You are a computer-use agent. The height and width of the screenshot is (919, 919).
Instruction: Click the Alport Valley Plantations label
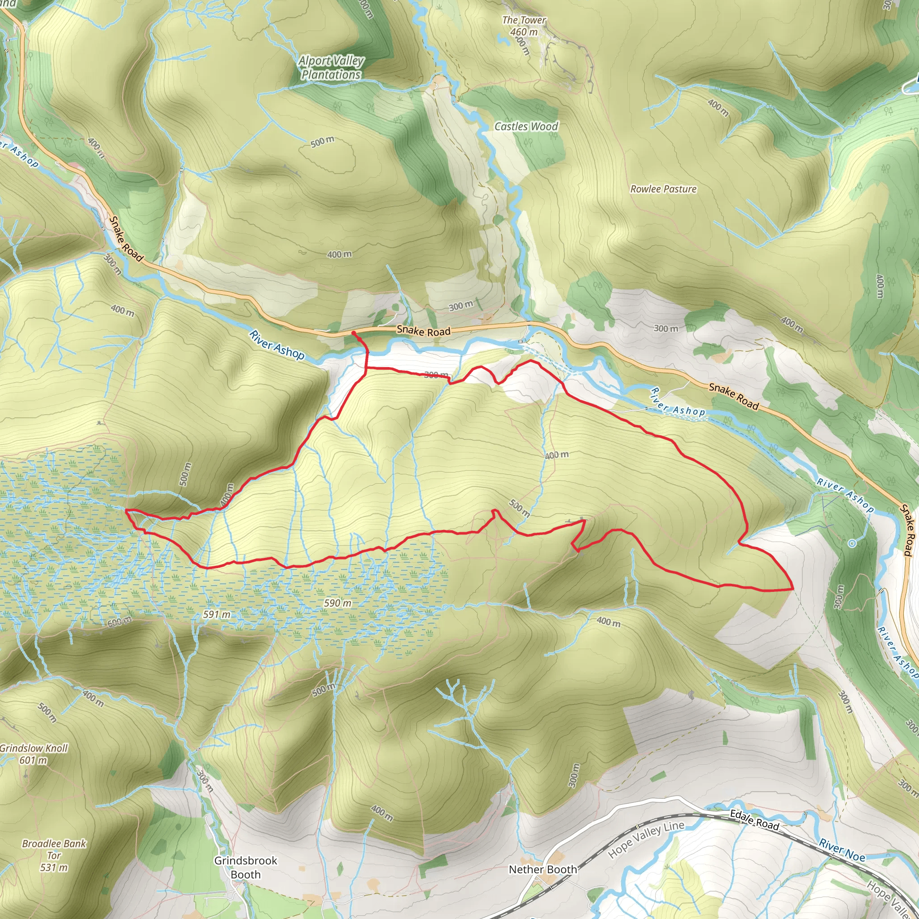pyautogui.click(x=331, y=68)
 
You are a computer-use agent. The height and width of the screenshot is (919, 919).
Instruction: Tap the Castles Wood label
pyautogui.click(x=526, y=127)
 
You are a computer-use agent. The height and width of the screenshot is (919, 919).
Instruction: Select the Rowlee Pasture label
pyautogui.click(x=663, y=189)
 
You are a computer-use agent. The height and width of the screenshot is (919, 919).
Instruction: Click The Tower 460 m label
pyautogui.click(x=524, y=26)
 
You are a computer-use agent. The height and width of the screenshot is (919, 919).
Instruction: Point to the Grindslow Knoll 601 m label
pyautogui.click(x=33, y=754)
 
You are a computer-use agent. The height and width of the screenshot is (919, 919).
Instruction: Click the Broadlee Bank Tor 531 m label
pyautogui.click(x=54, y=855)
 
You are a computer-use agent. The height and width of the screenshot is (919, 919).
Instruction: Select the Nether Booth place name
pyautogui.click(x=543, y=870)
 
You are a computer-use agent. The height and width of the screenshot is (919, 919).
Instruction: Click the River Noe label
pyautogui.click(x=842, y=850)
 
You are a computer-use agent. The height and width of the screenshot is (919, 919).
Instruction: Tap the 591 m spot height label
pyautogui.click(x=216, y=614)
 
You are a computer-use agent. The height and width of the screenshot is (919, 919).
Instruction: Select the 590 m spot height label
pyautogui.click(x=338, y=603)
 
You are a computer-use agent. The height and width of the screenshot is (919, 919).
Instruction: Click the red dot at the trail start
pyautogui.click(x=354, y=333)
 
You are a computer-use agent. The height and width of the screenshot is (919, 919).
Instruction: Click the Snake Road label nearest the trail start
pyautogui.click(x=423, y=331)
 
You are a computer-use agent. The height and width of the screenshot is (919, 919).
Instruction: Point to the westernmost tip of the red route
pyautogui.click(x=126, y=510)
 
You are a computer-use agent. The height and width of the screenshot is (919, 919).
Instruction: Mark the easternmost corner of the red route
pyautogui.click(x=793, y=589)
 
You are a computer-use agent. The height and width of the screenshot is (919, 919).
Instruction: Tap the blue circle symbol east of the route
pyautogui.click(x=853, y=543)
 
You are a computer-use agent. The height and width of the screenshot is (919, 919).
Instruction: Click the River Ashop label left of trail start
pyautogui.click(x=276, y=345)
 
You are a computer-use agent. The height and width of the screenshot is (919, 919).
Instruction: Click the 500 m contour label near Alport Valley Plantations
pyautogui.click(x=323, y=141)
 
